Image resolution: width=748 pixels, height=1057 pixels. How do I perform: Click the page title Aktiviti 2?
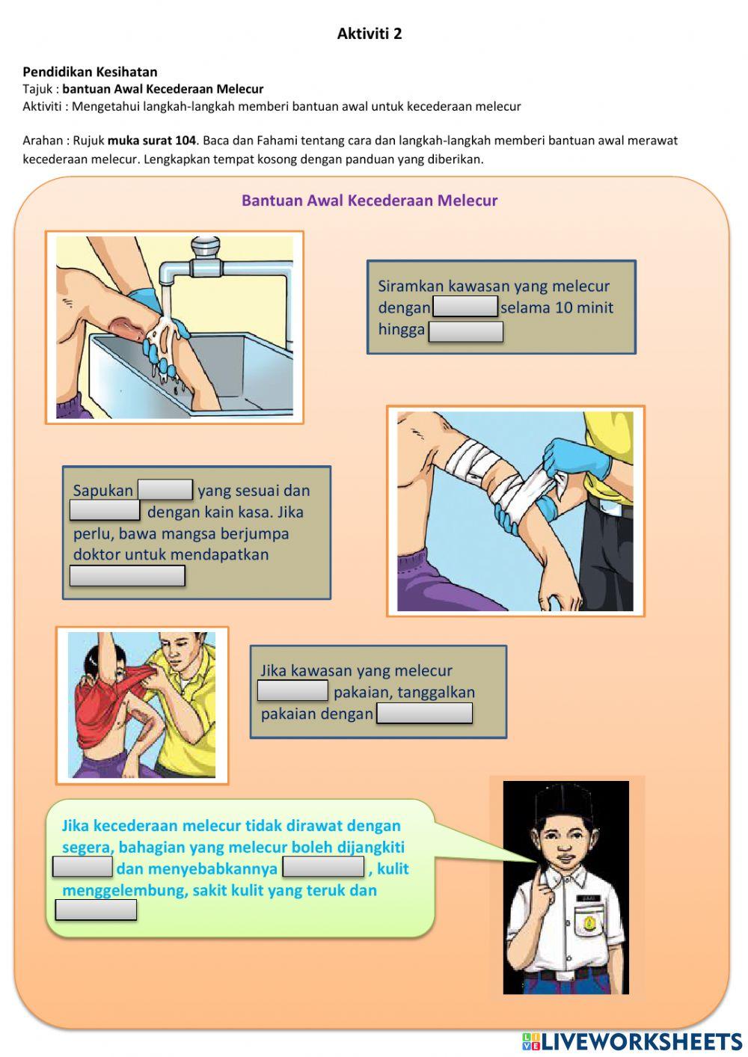click(370, 34)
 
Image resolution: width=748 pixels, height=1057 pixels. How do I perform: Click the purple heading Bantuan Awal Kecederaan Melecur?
click(370, 200)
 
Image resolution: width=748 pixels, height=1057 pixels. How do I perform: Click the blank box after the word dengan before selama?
click(465, 306)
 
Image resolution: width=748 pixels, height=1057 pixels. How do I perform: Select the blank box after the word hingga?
click(466, 331)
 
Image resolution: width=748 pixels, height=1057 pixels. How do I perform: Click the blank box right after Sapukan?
click(165, 489)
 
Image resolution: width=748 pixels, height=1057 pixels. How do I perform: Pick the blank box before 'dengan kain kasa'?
click(105, 510)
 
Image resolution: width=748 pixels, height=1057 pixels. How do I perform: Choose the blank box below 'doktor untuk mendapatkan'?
click(127, 576)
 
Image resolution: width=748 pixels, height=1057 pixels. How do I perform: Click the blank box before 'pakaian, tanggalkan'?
click(292, 690)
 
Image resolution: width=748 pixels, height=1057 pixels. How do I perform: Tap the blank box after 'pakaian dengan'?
click(425, 713)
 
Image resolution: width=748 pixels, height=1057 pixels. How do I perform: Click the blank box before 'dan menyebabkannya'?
click(82, 867)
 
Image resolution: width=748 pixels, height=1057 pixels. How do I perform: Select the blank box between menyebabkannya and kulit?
click(323, 867)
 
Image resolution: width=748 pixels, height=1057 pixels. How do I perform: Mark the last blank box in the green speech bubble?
click(96, 910)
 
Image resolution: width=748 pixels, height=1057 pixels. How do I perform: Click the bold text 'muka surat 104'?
click(152, 141)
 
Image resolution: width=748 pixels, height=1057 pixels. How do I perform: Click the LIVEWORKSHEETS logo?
click(632, 1041)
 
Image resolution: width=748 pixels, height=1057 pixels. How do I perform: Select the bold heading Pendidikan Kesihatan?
click(91, 72)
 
